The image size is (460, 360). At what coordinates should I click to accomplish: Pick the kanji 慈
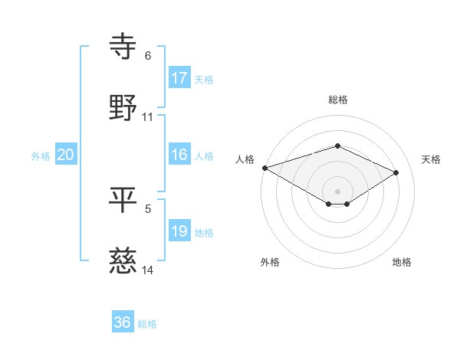click(123, 260)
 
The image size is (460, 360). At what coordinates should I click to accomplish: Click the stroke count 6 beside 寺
click(148, 56)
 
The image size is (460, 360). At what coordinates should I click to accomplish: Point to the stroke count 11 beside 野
click(148, 117)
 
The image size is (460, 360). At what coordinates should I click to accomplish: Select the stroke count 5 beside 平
click(148, 208)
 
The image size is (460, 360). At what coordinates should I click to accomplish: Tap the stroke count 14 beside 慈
click(148, 270)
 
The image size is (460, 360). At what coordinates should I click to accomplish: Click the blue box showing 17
click(179, 78)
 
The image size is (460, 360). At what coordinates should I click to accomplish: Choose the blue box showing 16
click(179, 155)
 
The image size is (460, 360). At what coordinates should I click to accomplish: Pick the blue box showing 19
click(179, 231)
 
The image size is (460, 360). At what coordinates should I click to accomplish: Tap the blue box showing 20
click(66, 155)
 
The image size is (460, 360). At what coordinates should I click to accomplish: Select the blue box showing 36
click(123, 322)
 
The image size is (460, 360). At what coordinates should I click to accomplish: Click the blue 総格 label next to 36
click(147, 324)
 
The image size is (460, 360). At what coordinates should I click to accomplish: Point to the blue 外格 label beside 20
click(41, 155)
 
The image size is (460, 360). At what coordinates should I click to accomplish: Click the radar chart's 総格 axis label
click(337, 100)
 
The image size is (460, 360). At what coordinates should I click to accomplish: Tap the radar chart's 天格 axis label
click(432, 159)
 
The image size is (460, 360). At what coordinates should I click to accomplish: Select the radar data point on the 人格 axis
click(264, 168)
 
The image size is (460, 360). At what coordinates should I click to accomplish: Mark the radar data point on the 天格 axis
click(396, 172)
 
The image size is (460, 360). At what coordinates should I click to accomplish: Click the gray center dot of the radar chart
click(337, 190)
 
